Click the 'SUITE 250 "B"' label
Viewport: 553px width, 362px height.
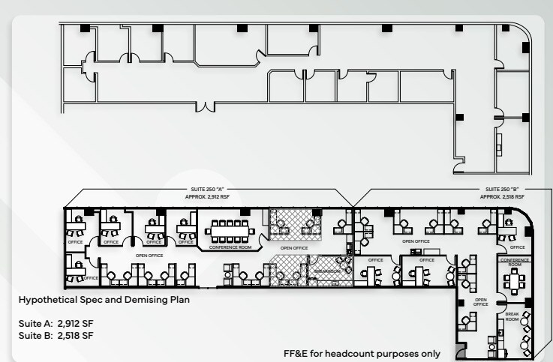502,190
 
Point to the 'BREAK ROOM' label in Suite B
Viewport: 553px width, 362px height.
511,317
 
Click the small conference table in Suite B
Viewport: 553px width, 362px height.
514,280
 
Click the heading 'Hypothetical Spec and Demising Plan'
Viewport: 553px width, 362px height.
98,300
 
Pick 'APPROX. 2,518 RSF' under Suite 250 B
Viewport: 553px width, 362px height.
502,196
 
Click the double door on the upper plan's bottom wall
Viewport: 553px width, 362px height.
206,107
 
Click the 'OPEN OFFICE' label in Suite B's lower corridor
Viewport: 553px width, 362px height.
481,302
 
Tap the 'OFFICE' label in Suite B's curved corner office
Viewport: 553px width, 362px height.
517,247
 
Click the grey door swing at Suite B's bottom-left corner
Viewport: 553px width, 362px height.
461,352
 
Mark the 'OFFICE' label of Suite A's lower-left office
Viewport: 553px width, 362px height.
91,278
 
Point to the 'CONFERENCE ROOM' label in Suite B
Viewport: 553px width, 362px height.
514,262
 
